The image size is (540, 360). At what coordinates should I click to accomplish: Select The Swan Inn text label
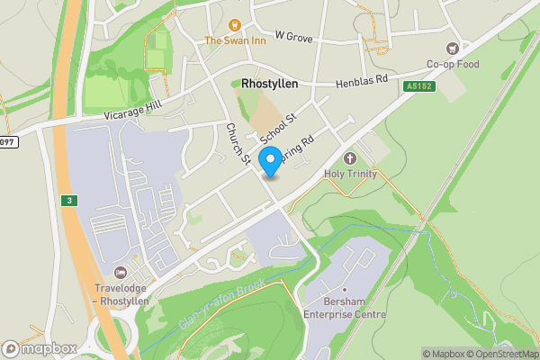pyautogui.click(x=235, y=40)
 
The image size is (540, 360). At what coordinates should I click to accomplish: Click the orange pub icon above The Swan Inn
pyautogui.click(x=235, y=25)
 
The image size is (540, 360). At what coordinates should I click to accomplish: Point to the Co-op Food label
pyautogui.click(x=453, y=64)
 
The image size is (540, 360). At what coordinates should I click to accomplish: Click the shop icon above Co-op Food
pyautogui.click(x=453, y=49)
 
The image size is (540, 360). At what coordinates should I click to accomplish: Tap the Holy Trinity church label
pyautogui.click(x=352, y=174)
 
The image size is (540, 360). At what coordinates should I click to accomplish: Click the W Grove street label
pyautogui.click(x=294, y=36)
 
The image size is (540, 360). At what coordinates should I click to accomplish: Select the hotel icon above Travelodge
pyautogui.click(x=121, y=273)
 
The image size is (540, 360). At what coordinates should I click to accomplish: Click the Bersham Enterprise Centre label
pyautogui.click(x=344, y=309)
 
